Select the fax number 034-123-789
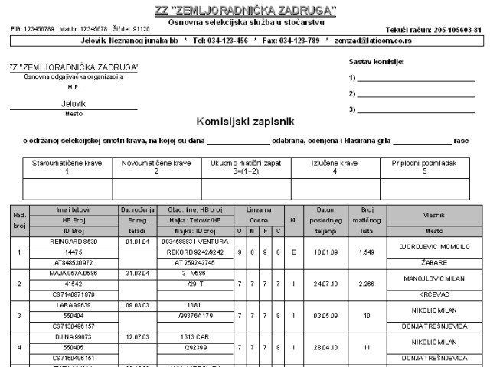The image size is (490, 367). tap(295, 40)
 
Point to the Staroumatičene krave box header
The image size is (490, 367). tap(67, 167)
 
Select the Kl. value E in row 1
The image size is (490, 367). tap(293, 251)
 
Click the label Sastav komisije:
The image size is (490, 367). tap(376, 60)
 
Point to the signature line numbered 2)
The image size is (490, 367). tap(416, 94)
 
